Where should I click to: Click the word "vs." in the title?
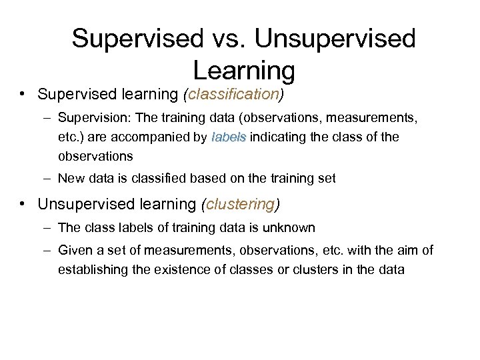[x=227, y=38]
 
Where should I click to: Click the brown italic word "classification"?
[x=233, y=95]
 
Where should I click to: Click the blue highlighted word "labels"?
[x=229, y=138]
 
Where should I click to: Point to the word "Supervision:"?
[x=95, y=119]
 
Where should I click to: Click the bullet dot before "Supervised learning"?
[x=23, y=94]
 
